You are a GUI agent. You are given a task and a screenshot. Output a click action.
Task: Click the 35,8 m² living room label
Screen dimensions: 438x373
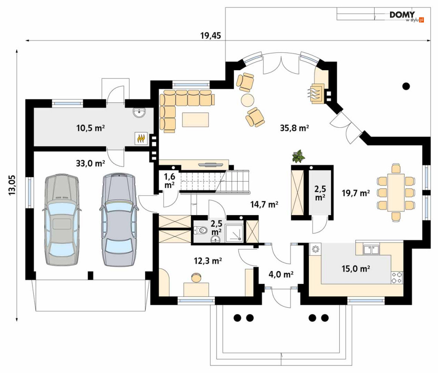294,128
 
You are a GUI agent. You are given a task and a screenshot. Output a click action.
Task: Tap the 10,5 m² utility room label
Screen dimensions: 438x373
91,128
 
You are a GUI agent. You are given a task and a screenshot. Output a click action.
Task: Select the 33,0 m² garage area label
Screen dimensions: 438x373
91,163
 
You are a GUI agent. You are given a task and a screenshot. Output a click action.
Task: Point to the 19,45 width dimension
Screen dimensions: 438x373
210,36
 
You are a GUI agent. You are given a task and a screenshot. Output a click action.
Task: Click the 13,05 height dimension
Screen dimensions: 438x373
12,185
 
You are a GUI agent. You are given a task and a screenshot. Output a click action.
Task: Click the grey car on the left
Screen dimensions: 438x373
62,220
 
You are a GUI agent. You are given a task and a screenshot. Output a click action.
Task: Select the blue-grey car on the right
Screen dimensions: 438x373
119,220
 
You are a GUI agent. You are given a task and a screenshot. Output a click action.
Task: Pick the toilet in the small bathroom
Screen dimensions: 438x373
201,230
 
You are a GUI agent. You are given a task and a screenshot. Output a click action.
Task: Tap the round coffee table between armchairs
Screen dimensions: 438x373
248,100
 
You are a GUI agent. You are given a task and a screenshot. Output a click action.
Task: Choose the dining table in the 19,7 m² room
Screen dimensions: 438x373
396,193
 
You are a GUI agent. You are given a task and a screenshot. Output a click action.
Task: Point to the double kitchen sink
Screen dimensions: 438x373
371,249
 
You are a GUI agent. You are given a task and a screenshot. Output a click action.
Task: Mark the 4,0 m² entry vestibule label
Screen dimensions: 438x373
281,275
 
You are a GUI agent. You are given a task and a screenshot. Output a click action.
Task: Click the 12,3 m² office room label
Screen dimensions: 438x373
208,261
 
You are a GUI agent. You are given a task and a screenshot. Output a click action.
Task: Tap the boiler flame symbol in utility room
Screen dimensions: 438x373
140,138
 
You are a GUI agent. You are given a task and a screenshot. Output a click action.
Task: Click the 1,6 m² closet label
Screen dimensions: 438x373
169,181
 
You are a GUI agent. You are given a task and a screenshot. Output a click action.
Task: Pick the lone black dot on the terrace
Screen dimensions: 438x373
406,86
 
